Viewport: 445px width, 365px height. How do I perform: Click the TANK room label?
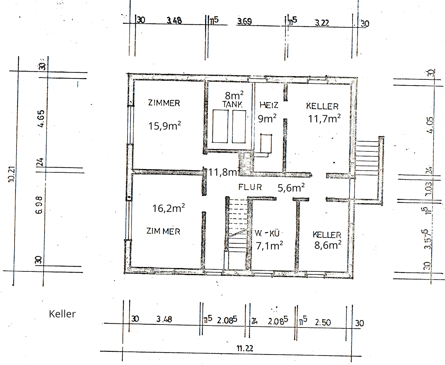pos(232,105)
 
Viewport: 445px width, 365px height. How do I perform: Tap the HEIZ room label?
pos(269,105)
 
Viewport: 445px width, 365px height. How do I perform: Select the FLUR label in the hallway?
pos(250,187)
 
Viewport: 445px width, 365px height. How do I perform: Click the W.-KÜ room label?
pos(267,233)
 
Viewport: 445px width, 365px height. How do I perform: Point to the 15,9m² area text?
pos(165,126)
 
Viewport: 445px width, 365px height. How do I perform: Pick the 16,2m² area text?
pos(168,208)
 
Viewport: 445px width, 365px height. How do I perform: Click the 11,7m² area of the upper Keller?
pos(324,118)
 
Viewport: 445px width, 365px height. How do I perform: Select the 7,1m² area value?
pos(269,245)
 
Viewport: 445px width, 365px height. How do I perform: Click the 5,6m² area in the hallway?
pos(291,188)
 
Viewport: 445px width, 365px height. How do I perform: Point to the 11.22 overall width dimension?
pos(245,348)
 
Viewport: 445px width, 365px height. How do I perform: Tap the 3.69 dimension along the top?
pos(244,21)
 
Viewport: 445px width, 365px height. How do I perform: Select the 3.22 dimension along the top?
pos(322,23)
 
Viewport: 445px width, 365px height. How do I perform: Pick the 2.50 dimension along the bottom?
pos(323,322)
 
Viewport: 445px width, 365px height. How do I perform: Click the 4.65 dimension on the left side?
pos(40,119)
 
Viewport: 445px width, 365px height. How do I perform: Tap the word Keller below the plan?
pos(62,314)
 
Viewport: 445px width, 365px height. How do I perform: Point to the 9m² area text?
pos(267,118)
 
